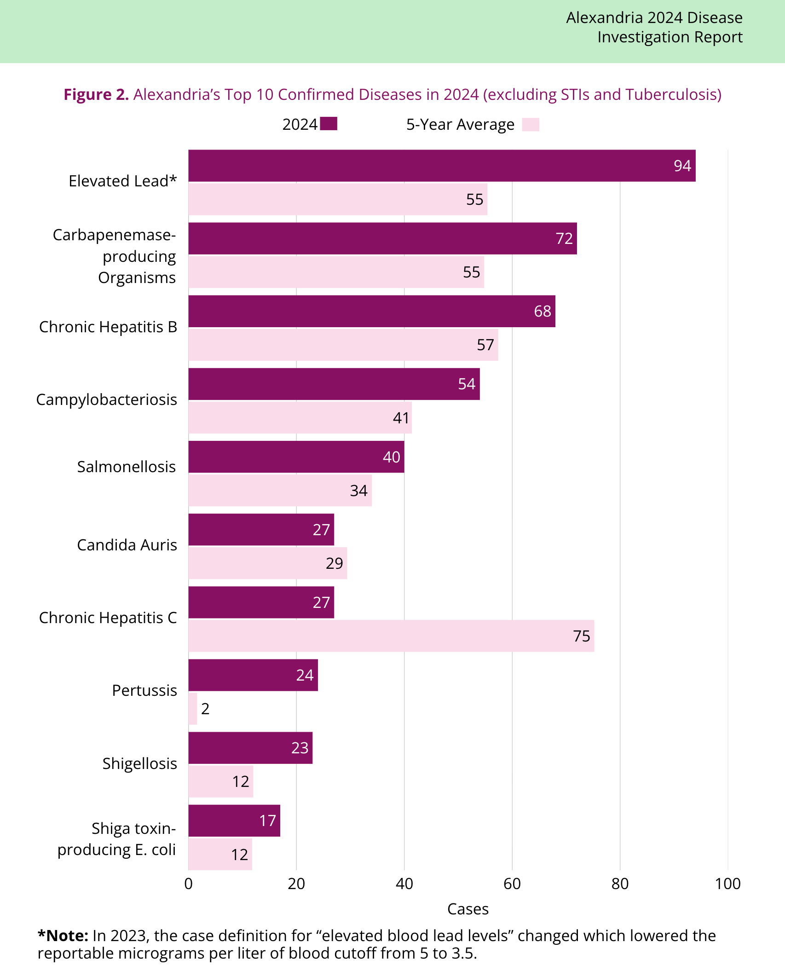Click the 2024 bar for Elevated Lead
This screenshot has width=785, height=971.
pyautogui.click(x=442, y=166)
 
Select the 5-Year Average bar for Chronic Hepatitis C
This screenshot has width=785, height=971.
pyautogui.click(x=391, y=636)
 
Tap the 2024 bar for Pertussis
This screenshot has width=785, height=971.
pyautogui.click(x=253, y=675)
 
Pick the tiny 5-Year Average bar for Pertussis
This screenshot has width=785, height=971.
pyautogui.click(x=193, y=709)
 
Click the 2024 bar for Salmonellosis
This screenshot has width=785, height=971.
pyautogui.click(x=296, y=457)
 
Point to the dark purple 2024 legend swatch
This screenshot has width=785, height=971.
pyautogui.click(x=329, y=124)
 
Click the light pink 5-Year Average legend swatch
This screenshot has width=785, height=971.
pyautogui.click(x=531, y=125)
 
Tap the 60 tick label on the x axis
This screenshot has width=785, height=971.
pyautogui.click(x=512, y=884)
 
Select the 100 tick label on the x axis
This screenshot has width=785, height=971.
pyautogui.click(x=727, y=884)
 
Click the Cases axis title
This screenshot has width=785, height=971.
pyautogui.click(x=468, y=909)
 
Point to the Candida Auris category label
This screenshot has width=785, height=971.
pyautogui.click(x=127, y=545)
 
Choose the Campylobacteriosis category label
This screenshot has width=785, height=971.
pyautogui.click(x=107, y=399)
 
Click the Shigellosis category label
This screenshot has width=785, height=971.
pyautogui.click(x=139, y=763)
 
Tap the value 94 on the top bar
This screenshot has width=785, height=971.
pyautogui.click(x=682, y=166)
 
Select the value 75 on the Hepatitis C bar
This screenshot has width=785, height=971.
pyautogui.click(x=582, y=636)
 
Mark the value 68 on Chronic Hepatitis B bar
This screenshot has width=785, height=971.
pyautogui.click(x=543, y=311)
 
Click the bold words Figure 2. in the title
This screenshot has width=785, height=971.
pyautogui.click(x=96, y=94)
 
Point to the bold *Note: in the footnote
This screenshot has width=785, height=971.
pyautogui.click(x=63, y=936)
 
